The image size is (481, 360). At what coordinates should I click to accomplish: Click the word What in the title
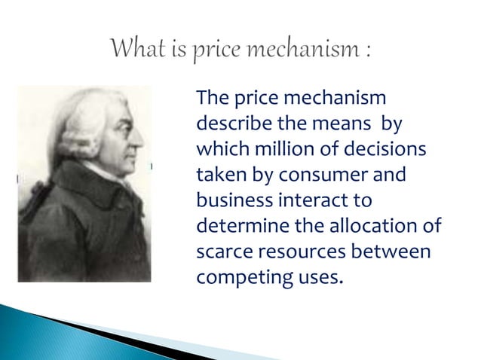click(x=134, y=50)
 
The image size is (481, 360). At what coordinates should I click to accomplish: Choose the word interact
click(x=299, y=200)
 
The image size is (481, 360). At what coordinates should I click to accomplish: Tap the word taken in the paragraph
click(x=218, y=175)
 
